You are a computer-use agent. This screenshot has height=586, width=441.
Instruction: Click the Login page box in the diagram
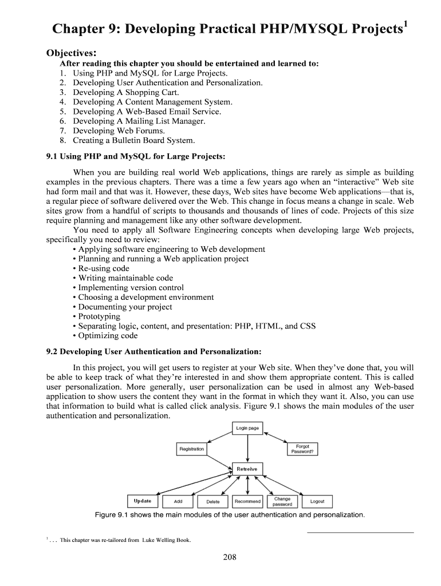247,428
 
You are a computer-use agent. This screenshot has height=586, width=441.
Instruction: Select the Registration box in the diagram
191,449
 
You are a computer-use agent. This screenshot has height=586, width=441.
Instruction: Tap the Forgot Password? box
302,449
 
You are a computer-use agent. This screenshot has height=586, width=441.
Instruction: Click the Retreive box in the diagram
247,469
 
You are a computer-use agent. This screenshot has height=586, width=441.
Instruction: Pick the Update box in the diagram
143,501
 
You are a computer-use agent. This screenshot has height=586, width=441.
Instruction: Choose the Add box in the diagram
178,501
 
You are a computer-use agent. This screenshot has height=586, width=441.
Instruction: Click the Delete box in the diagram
212,501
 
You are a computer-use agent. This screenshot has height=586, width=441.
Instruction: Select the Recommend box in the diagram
247,501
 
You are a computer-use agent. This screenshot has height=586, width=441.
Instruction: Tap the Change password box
282,501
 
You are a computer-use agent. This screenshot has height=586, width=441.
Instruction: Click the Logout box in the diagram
317,501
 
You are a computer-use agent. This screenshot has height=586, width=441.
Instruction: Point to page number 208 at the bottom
230,558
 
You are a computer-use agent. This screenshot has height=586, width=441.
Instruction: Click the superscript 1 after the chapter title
405,23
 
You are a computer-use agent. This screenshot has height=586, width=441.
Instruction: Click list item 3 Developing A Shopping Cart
119,92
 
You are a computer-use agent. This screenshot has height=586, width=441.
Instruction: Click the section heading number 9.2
52,351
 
